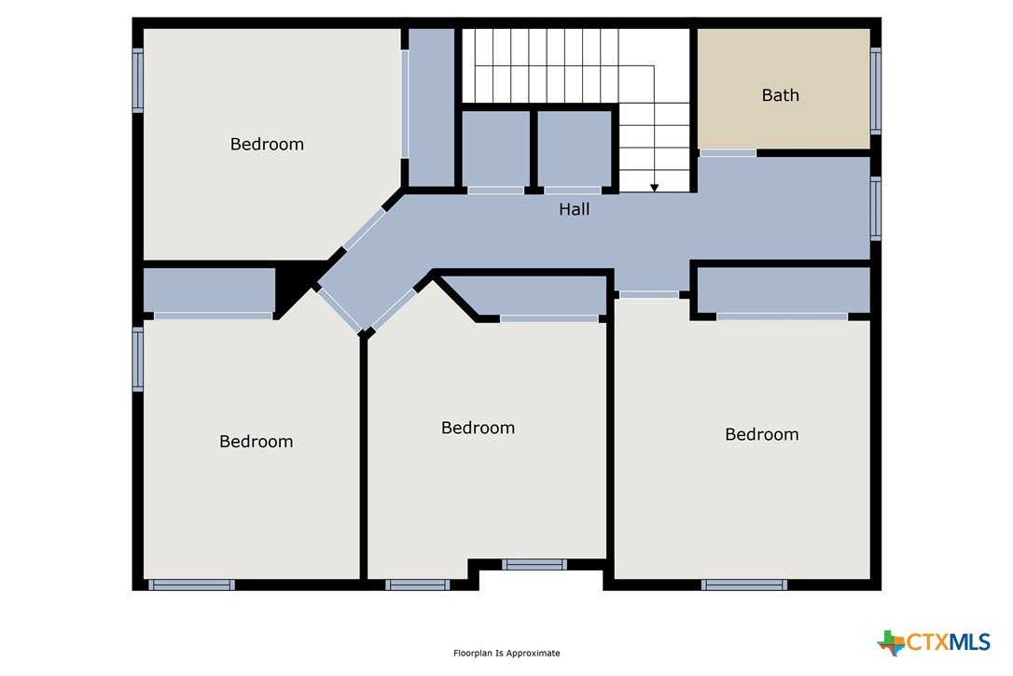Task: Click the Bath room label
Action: (781, 95)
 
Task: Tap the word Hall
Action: (575, 209)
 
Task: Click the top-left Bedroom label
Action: (267, 144)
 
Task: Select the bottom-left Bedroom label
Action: (256, 442)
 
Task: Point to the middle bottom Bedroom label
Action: (479, 428)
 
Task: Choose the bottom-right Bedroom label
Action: (762, 434)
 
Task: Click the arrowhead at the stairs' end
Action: (655, 188)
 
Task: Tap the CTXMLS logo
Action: (934, 641)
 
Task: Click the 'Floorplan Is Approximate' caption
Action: (506, 654)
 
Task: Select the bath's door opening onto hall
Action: (728, 153)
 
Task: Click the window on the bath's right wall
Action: (875, 91)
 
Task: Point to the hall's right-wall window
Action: (875, 208)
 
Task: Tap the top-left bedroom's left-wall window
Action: (138, 80)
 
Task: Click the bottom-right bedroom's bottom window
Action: (744, 584)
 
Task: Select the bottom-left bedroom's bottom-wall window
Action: (192, 584)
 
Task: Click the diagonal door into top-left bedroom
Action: (364, 230)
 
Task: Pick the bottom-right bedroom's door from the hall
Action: (649, 294)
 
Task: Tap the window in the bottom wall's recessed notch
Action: (534, 564)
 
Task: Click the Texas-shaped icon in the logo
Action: (892, 642)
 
